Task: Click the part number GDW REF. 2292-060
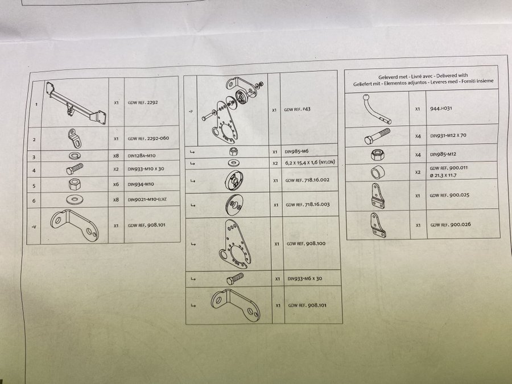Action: (x=148, y=138)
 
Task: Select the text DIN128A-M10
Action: (x=142, y=156)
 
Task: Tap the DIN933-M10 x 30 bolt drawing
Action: (x=75, y=169)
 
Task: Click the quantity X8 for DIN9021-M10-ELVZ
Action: (x=116, y=200)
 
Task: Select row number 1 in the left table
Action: (x=36, y=105)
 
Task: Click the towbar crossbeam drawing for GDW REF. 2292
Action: (x=76, y=103)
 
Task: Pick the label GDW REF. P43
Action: (x=297, y=109)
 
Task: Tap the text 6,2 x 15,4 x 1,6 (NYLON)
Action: (x=310, y=162)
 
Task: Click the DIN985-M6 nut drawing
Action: (x=233, y=151)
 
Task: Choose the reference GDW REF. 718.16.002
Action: (x=307, y=180)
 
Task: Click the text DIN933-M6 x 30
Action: (x=305, y=279)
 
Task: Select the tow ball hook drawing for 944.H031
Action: (x=377, y=109)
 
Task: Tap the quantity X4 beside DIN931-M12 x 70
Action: (x=418, y=137)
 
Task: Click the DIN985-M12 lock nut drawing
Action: (x=377, y=154)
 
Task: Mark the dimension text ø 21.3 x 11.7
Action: (x=443, y=175)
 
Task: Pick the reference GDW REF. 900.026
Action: (x=451, y=225)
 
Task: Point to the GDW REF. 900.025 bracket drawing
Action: (x=378, y=196)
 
